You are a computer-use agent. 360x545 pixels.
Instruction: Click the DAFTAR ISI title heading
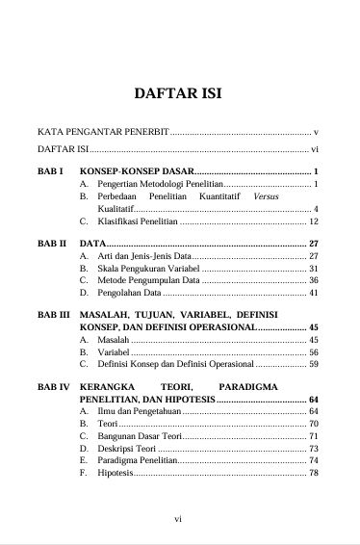click(x=180, y=94)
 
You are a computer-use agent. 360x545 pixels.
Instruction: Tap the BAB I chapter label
click(x=49, y=171)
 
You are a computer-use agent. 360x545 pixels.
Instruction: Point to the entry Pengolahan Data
click(x=129, y=292)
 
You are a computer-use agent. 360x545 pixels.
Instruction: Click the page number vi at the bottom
click(x=178, y=520)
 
